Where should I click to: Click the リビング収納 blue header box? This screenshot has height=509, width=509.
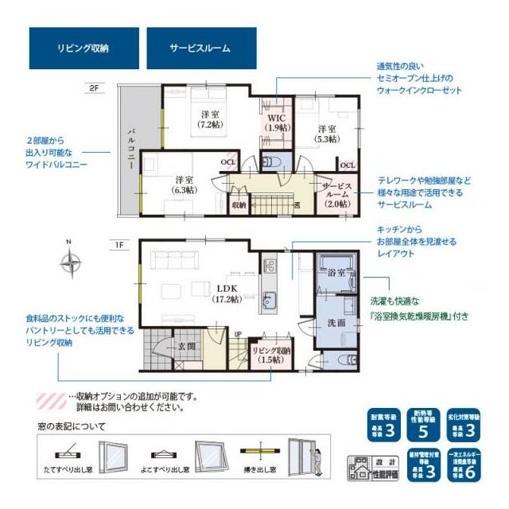(84, 48)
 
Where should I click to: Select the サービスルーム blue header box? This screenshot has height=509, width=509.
(201, 48)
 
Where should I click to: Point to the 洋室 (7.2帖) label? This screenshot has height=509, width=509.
(210, 119)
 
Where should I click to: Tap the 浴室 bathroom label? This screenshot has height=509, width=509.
(336, 273)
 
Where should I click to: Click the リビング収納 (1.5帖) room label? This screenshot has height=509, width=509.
(272, 355)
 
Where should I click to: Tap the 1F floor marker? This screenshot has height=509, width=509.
(119, 244)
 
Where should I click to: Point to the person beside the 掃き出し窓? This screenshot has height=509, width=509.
(319, 462)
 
